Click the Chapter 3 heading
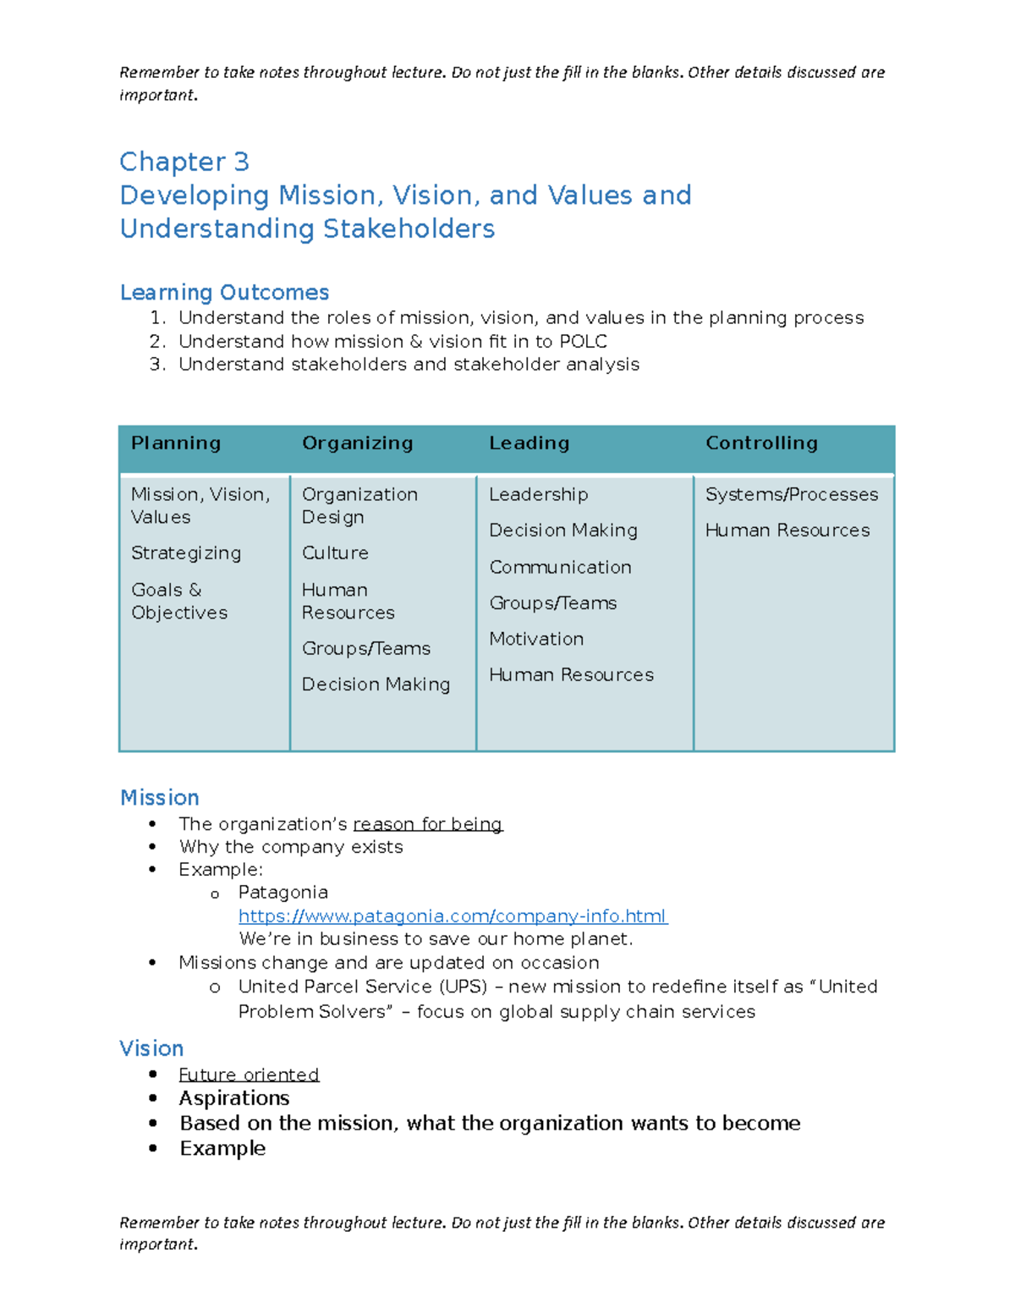184,162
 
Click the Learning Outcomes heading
224,292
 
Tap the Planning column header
176,443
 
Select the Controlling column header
761,443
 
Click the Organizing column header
357,443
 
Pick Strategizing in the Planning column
186,553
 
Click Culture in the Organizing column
335,553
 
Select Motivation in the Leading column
536,639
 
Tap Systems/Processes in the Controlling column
792,494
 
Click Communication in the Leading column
560,567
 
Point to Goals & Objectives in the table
179,601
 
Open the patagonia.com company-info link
453,915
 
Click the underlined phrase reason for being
427,824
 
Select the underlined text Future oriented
249,1075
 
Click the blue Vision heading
151,1048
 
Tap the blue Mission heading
160,797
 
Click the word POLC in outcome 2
583,341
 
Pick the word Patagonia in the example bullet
283,892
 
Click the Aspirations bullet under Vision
234,1098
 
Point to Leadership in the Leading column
538,494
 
